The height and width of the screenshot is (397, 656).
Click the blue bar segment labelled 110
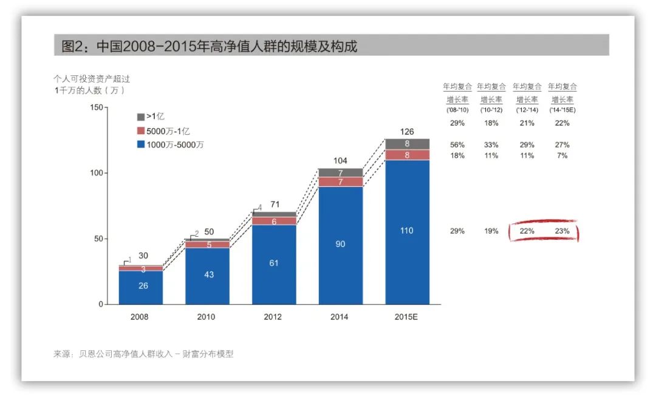pyautogui.click(x=407, y=231)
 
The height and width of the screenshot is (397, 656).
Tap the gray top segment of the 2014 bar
pyautogui.click(x=341, y=173)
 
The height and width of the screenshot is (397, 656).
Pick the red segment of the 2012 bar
pyautogui.click(x=274, y=221)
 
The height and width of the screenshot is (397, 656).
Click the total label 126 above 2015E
pyautogui.click(x=407, y=132)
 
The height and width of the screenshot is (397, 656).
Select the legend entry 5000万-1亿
pyautogui.click(x=168, y=131)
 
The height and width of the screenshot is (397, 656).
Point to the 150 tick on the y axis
pyautogui.click(x=96, y=107)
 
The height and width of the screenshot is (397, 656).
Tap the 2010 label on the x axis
pyautogui.click(x=207, y=317)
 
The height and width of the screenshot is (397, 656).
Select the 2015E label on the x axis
pyautogui.click(x=407, y=317)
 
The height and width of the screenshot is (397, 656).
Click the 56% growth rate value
pyautogui.click(x=457, y=145)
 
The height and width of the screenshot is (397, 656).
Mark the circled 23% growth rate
pyautogui.click(x=562, y=231)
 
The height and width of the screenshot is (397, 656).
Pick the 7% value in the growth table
pyautogui.click(x=562, y=156)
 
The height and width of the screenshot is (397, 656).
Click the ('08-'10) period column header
pyautogui.click(x=457, y=110)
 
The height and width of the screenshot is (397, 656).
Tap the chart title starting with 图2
pyautogui.click(x=210, y=46)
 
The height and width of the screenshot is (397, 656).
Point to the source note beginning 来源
pyautogui.click(x=143, y=354)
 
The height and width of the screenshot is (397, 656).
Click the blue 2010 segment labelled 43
pyautogui.click(x=208, y=275)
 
